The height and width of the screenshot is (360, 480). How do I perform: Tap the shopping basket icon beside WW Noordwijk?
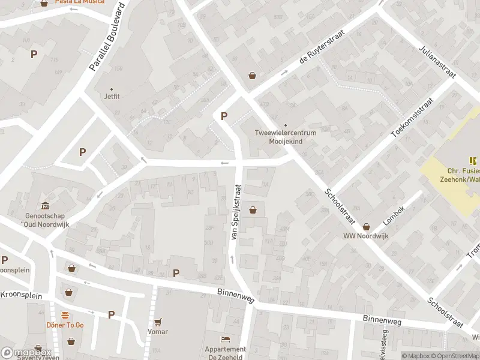click(x=366, y=226)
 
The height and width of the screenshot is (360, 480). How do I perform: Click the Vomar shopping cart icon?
click(x=158, y=322)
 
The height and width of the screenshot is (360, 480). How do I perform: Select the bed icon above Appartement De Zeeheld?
click(x=226, y=340)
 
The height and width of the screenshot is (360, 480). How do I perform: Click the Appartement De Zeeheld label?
click(x=226, y=353)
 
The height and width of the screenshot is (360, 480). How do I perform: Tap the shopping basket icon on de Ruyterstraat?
click(x=253, y=76)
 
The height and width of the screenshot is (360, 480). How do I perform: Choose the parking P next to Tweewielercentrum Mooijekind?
click(x=224, y=116)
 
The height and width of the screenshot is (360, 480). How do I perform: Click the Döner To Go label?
click(x=65, y=325)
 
